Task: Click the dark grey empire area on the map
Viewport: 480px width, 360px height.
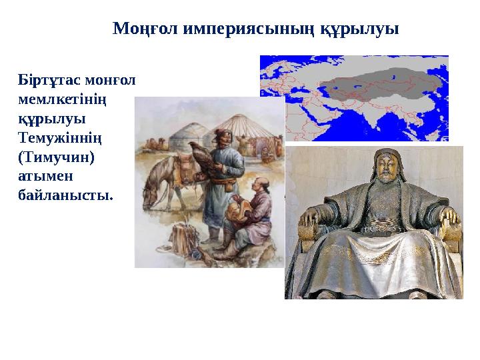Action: [373, 87]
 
